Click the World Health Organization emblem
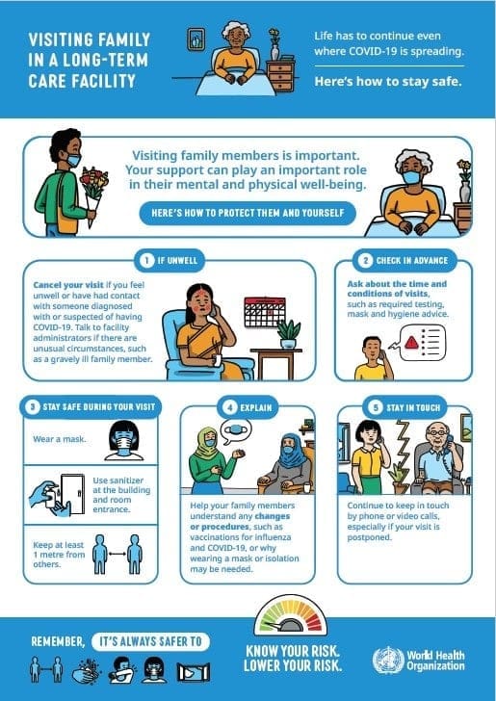388,661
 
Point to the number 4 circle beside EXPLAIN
230,406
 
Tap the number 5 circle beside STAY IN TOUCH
375,406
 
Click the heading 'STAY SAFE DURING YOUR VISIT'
96,406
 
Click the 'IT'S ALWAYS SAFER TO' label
151,640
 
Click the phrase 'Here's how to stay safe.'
388,81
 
